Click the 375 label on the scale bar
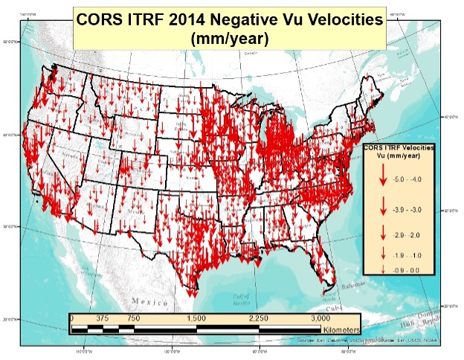103,318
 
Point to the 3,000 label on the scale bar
321,318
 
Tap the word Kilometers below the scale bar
341,328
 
